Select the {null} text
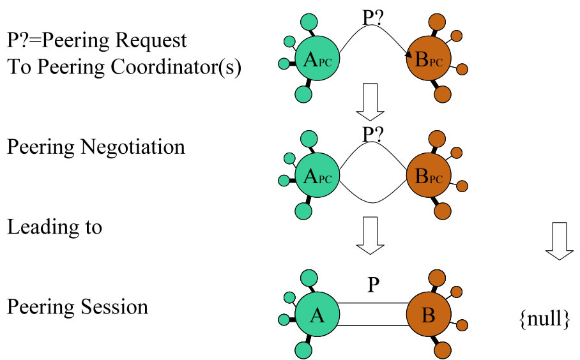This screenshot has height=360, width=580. coord(544,318)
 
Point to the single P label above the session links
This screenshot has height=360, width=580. coord(373,285)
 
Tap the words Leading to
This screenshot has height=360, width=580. coord(54,227)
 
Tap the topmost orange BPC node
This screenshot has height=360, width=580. coord(429,60)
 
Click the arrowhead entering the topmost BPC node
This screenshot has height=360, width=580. coord(408,59)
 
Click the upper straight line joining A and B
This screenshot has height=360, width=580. coord(373,303)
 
